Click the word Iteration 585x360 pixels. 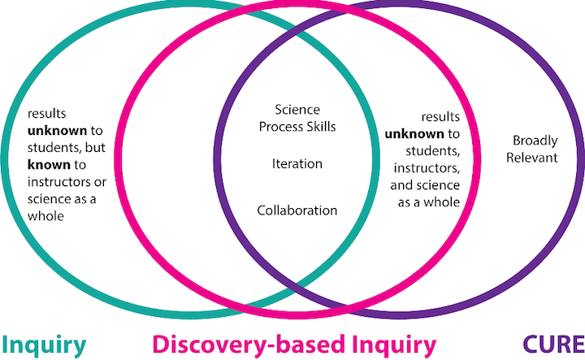click(297, 164)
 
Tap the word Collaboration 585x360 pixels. click(297, 210)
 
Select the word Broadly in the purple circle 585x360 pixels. click(535, 141)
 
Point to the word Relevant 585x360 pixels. click(531, 158)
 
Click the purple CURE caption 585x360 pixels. click(553, 344)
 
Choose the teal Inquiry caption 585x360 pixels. click(44, 345)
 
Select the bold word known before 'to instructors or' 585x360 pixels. click(49, 164)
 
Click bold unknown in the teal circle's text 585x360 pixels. click(57, 131)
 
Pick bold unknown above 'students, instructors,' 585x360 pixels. click(414, 134)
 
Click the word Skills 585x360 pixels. click(321, 127)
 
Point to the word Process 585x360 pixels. click(281, 127)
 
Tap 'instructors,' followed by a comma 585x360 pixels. click(427, 168)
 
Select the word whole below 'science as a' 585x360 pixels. click(45, 216)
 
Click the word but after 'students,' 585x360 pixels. click(96, 148)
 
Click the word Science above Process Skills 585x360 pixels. click(297, 110)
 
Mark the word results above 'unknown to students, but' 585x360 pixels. click(46, 114)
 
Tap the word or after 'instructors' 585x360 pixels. click(101, 182)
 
